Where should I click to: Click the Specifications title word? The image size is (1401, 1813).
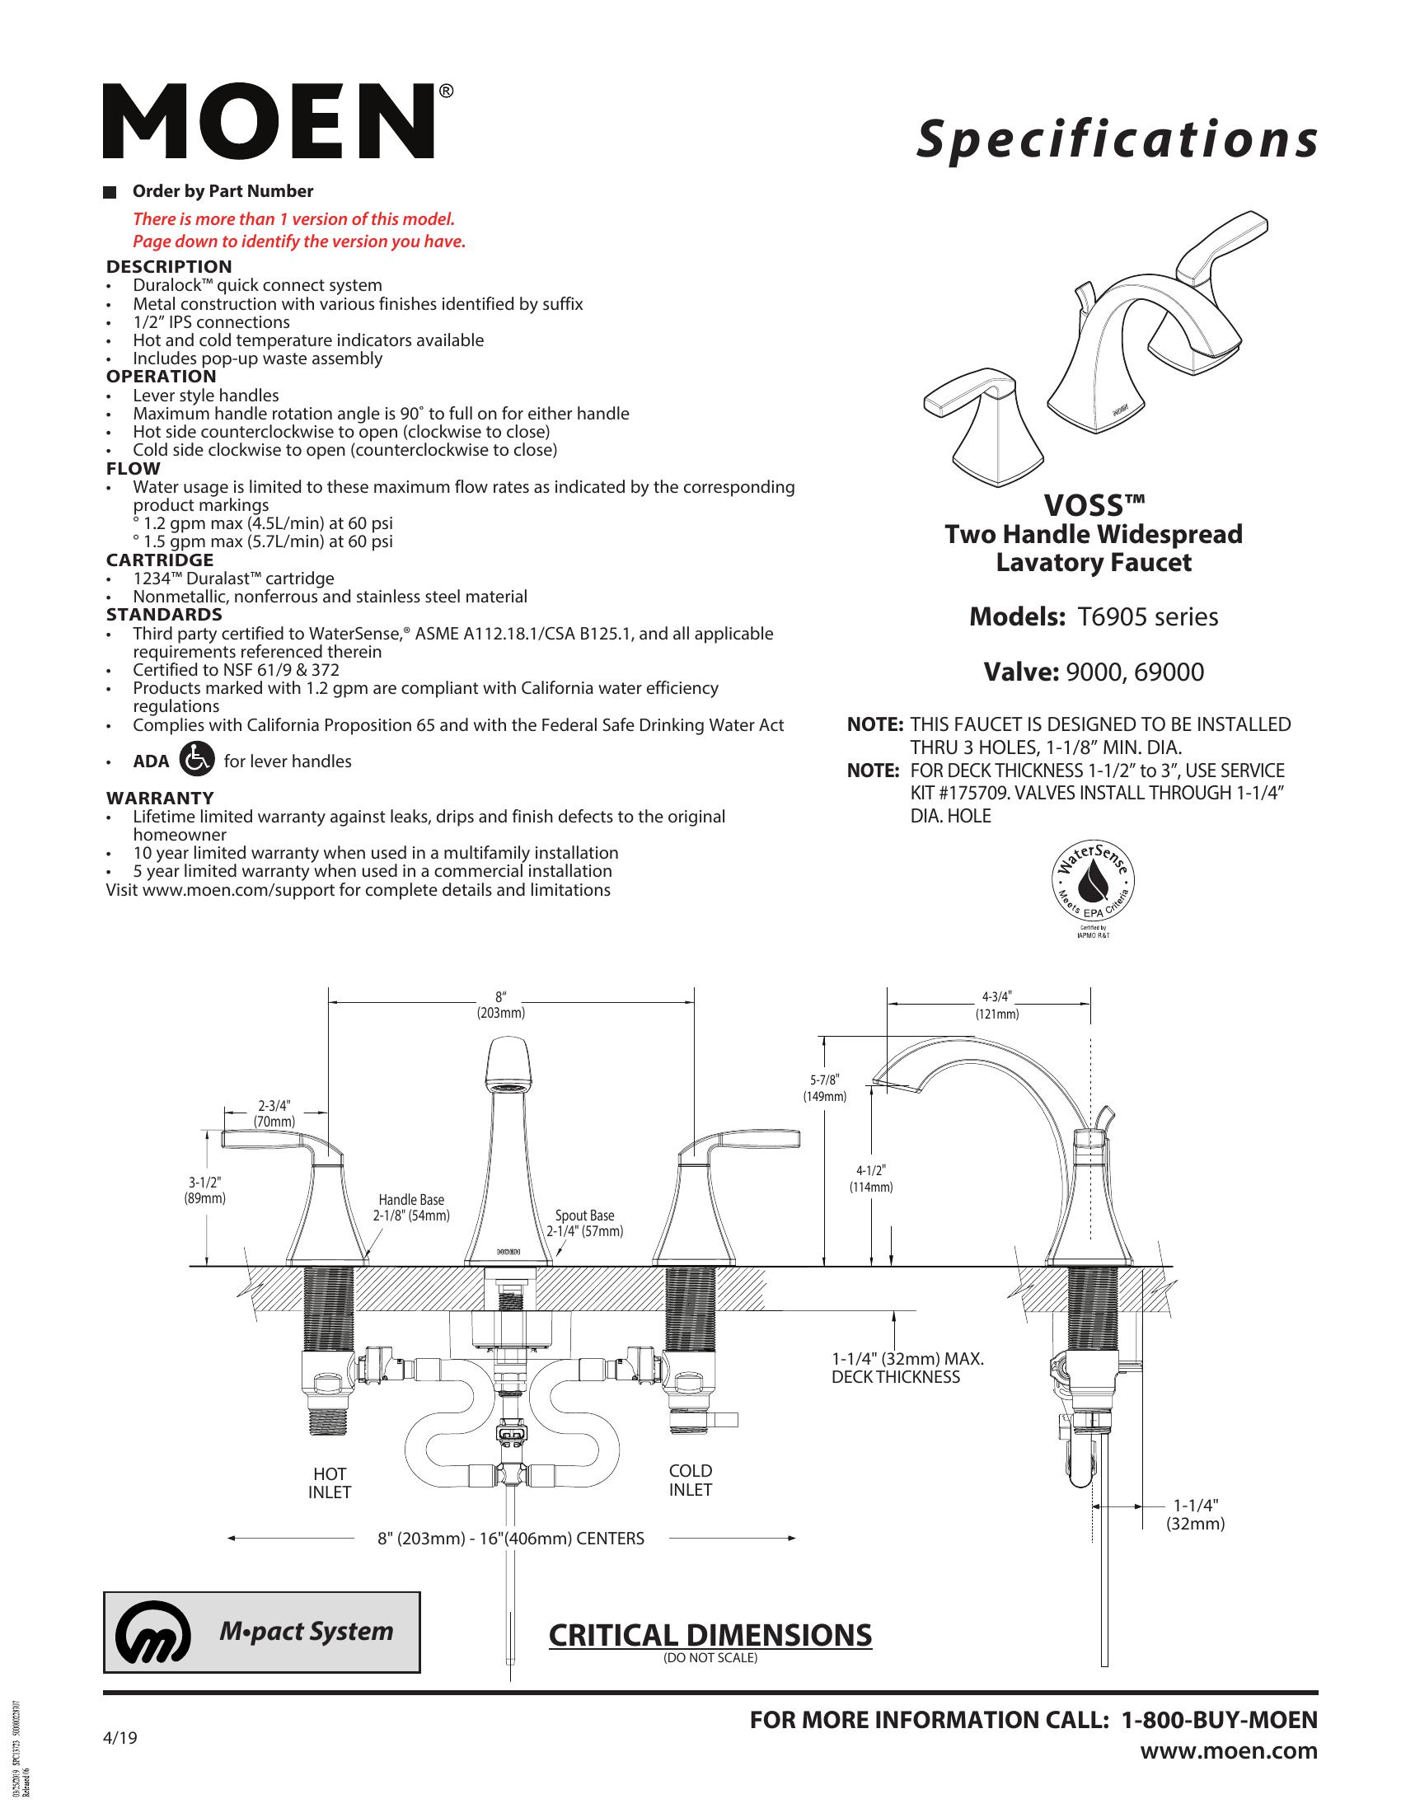point(1117,139)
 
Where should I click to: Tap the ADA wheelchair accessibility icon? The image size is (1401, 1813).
point(197,760)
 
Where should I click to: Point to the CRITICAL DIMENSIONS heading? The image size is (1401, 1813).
point(710,1634)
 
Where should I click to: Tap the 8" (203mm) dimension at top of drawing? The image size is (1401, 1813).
point(500,1005)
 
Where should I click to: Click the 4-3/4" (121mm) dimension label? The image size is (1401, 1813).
point(997,1005)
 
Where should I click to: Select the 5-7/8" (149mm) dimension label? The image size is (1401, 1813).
point(825,1088)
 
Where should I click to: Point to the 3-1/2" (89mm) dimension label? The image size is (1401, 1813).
point(205,1189)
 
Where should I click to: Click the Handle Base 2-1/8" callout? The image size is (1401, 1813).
point(412,1207)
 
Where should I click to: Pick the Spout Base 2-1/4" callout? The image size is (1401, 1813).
point(584,1224)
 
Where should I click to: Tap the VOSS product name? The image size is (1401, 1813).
point(1094,504)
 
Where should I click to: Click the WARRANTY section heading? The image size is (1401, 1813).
point(160,798)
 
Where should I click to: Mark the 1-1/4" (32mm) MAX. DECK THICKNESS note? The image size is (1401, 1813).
point(908,1368)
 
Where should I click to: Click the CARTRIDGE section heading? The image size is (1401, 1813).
point(160,560)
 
